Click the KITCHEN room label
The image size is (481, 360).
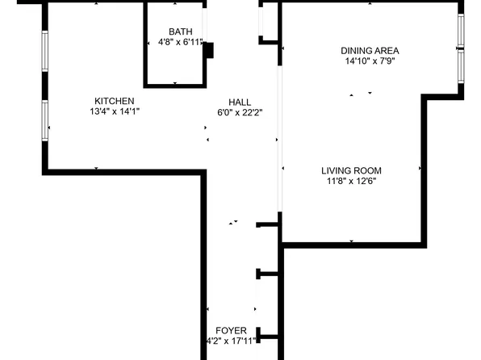(112, 101)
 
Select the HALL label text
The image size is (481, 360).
(240, 103)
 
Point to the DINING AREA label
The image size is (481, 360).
(371, 50)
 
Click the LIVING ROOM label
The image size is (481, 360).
(351, 170)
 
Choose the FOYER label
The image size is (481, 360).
(231, 330)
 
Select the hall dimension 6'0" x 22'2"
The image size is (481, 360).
(240, 113)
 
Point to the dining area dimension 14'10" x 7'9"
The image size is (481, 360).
(371, 61)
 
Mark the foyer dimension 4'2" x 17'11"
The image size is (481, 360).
(231, 341)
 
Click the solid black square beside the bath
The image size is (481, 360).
(209, 50)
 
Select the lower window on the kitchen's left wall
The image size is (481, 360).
(46, 119)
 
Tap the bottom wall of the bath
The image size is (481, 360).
(175, 84)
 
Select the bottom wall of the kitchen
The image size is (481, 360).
(121, 170)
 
